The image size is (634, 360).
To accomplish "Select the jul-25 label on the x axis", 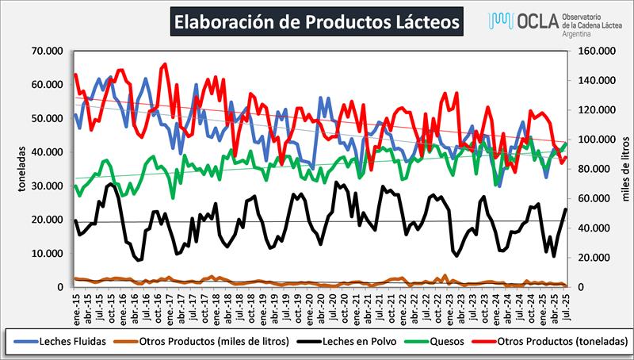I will coord(564,304).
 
